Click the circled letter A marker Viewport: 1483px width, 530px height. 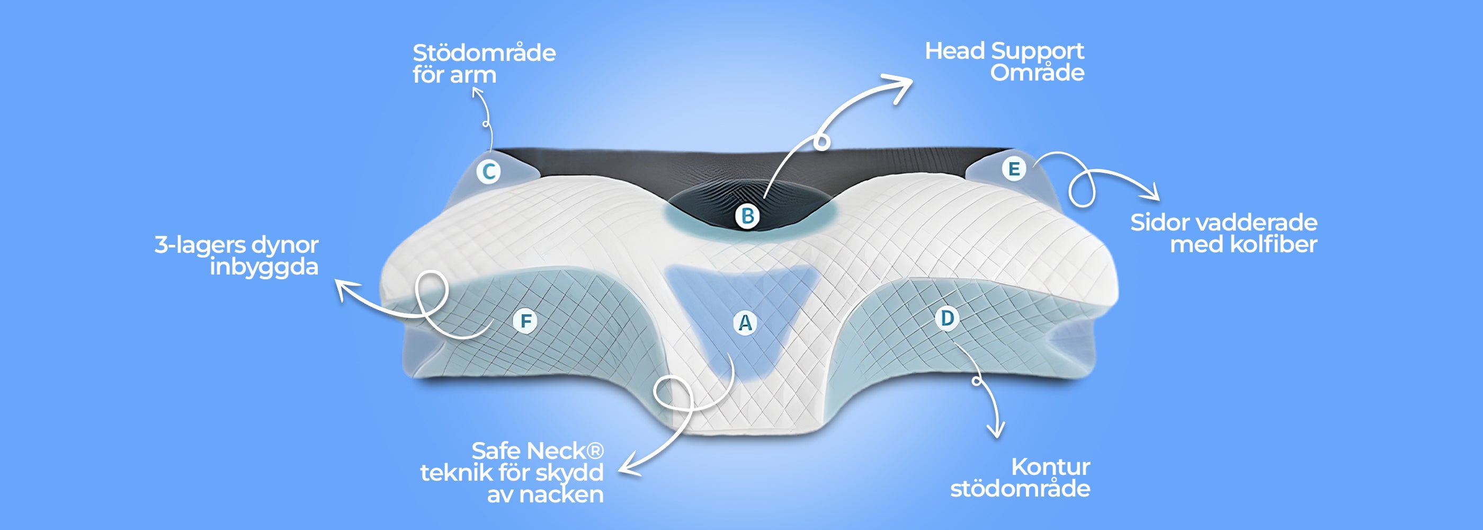pos(745,323)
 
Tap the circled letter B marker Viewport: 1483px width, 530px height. pos(747,216)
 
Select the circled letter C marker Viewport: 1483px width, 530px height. pos(489,171)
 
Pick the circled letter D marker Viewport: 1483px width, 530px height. pos(947,318)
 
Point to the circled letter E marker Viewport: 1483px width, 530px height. pos(1014,169)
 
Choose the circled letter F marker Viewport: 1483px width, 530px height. pos(525,321)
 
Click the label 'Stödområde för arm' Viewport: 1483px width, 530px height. pos(484,64)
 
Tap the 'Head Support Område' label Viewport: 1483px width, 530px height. pos(1005,61)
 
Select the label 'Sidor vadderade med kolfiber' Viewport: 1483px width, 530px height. pos(1223,233)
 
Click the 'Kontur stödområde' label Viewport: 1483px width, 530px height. pos(1020,478)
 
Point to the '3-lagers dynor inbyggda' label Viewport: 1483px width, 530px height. pos(236,256)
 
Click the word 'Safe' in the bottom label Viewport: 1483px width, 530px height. pos(497,450)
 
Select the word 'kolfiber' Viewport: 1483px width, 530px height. pos(1273,244)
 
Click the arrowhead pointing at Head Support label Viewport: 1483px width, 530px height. pos(899,86)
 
